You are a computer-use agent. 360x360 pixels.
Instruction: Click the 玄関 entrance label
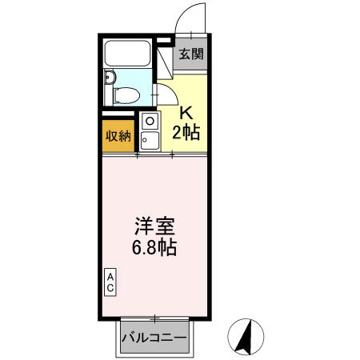pos(190,54)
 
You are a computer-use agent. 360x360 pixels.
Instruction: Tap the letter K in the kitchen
pos(186,113)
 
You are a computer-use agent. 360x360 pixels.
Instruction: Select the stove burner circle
pos(148,121)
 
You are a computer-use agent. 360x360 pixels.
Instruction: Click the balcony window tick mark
pos(154,318)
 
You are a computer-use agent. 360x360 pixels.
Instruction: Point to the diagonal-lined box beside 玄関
pos(166,58)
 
